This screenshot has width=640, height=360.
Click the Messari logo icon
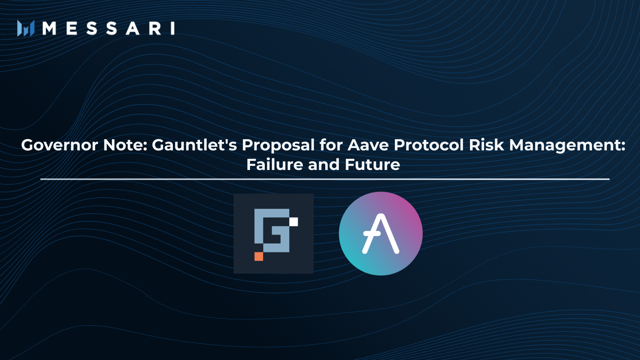click(x=26, y=28)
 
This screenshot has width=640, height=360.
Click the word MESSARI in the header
click(x=108, y=28)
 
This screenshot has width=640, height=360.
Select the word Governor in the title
click(x=59, y=145)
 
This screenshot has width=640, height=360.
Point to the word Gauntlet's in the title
click(x=194, y=145)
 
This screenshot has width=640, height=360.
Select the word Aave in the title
click(x=368, y=145)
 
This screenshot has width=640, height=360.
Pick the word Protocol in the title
click(x=429, y=145)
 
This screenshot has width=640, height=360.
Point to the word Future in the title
click(x=372, y=164)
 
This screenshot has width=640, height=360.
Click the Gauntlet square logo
click(x=274, y=234)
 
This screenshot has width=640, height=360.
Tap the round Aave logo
click(x=381, y=234)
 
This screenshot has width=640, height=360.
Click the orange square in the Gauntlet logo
click(x=259, y=256)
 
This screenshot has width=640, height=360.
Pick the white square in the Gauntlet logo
click(x=294, y=221)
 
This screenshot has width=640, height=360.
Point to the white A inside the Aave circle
click(x=380, y=234)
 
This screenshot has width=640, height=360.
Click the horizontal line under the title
click(x=325, y=179)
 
